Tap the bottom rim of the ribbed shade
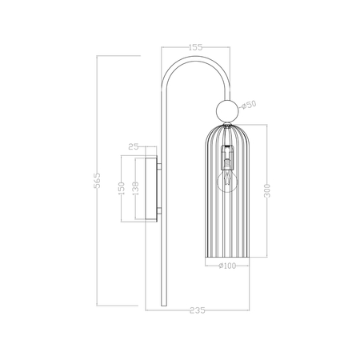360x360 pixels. click(x=226, y=262)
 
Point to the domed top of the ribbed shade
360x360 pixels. click(x=226, y=128)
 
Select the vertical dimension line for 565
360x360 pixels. click(x=97, y=240)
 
